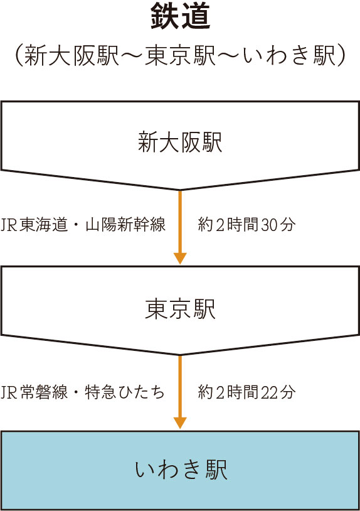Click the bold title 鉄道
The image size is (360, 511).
pos(181,16)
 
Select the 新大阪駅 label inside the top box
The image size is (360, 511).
pos(180,143)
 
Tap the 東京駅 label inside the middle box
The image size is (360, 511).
pos(180,309)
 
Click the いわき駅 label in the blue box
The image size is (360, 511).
pos(181,470)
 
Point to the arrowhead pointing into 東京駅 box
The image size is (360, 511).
pos(180,259)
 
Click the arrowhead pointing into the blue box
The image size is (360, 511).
pos(180,423)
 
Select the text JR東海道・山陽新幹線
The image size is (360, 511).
pos(83,225)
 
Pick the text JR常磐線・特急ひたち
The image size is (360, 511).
pos(83,392)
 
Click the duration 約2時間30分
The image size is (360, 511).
pos(246,225)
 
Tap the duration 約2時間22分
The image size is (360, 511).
pos(246,392)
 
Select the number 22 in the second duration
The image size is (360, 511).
pos(269,392)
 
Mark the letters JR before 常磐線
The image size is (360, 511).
pos(9,392)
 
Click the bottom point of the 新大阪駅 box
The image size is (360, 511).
pos(180,190)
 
